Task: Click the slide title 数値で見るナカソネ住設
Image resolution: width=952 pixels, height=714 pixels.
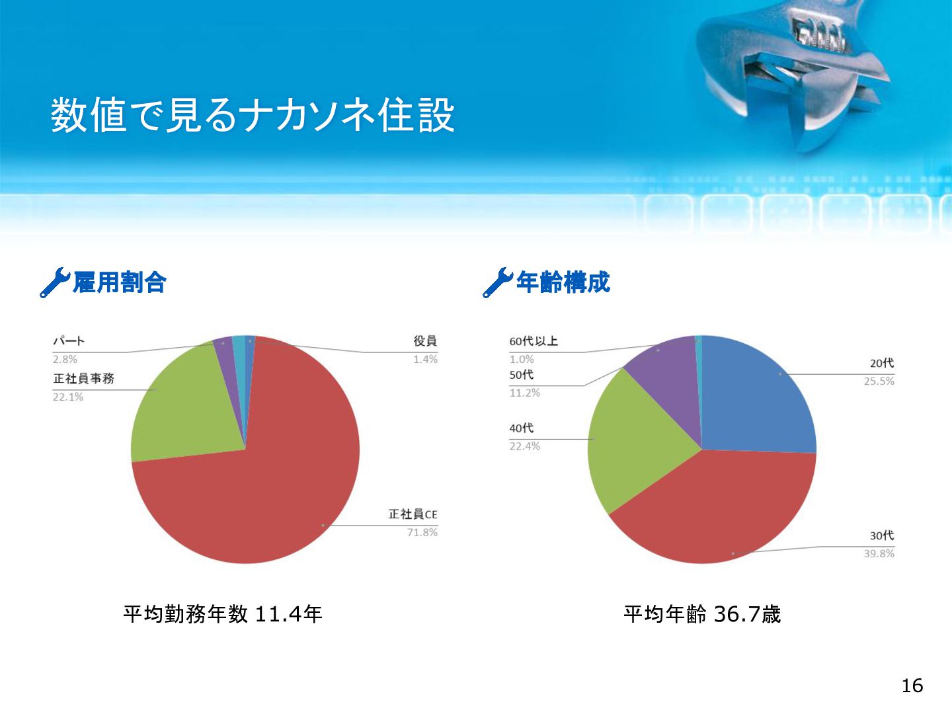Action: pos(253,115)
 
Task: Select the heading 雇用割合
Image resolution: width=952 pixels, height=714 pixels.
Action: pos(119,282)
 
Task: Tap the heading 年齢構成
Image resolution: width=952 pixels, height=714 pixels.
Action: pos(563,282)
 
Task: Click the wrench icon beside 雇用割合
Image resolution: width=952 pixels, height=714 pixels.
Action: pos(55,282)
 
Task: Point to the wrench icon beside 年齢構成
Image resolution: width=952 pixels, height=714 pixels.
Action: pos(498,282)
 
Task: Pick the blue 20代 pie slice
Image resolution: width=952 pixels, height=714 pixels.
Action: pos(755,399)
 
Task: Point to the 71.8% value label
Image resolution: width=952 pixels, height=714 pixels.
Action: pos(422,532)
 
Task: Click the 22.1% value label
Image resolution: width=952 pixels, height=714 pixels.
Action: pos(68,397)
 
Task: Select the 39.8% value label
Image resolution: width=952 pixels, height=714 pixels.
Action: pos(879,553)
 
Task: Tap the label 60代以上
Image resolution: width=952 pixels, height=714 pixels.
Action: pos(534,341)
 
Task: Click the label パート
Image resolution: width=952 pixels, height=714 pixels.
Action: pos(69,340)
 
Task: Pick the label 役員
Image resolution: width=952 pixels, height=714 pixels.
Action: pos(425,340)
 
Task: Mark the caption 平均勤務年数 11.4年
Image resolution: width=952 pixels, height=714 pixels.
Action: pos(223,614)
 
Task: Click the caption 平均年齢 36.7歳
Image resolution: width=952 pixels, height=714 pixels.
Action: pos(702,614)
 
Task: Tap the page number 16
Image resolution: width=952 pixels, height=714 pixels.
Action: pos(912,686)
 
